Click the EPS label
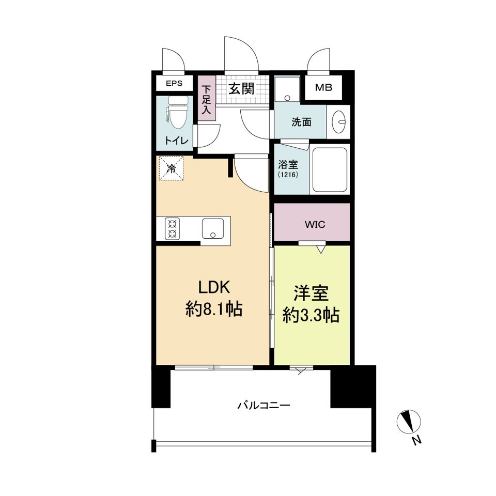(x=174, y=84)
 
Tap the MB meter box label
(x=323, y=87)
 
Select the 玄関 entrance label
(x=241, y=88)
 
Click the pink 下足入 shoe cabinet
(x=207, y=98)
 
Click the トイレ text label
(x=177, y=141)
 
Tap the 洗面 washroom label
(x=301, y=122)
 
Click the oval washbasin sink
(x=339, y=122)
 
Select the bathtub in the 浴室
(x=330, y=170)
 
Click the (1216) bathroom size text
(x=288, y=174)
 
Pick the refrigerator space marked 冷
(x=171, y=168)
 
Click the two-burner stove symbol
(x=173, y=229)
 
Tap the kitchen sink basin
(x=213, y=229)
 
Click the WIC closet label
(x=315, y=225)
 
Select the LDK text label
(x=214, y=287)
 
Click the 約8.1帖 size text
(x=214, y=309)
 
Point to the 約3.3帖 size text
(x=311, y=315)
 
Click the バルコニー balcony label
(x=263, y=405)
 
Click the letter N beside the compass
(x=417, y=440)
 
